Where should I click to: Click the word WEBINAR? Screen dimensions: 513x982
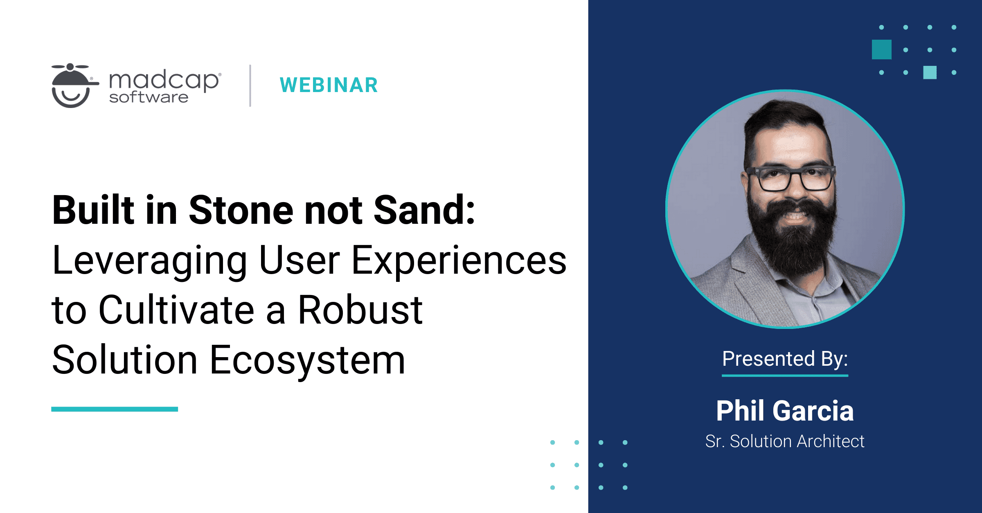coord(329,85)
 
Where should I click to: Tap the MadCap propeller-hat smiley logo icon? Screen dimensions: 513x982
coord(72,86)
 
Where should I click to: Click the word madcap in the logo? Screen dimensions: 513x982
coord(164,80)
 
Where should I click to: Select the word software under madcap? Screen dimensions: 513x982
coord(149,98)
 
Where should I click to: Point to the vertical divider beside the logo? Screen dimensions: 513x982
coord(250,85)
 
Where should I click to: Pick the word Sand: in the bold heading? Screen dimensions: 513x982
coord(424,210)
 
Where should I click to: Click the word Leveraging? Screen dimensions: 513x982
coord(150,261)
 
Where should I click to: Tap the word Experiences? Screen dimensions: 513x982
coord(459,261)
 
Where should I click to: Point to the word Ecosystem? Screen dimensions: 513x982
coord(307,360)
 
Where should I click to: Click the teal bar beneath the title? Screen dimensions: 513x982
coord(115,409)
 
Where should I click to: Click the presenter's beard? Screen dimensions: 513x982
coord(792,237)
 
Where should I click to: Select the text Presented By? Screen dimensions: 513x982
coord(785,359)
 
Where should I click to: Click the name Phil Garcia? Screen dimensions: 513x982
coord(785,411)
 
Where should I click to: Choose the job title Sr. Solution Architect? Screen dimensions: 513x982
coord(785,441)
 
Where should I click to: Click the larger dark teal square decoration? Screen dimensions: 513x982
coord(881,49)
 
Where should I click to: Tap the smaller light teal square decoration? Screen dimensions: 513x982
coord(930,72)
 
